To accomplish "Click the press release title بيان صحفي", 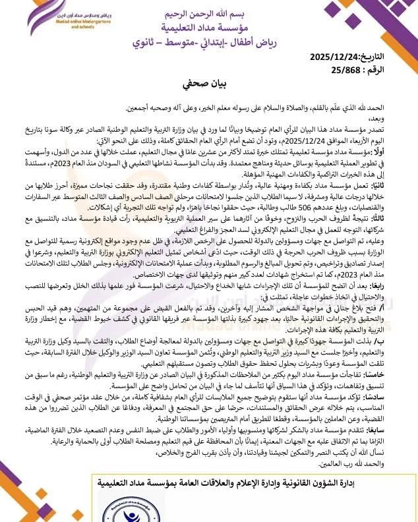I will [209, 86].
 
